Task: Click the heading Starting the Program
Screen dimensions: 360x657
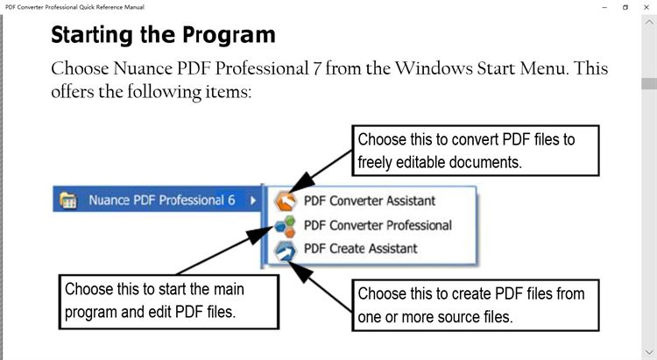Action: point(163,35)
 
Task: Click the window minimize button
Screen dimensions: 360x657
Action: point(605,6)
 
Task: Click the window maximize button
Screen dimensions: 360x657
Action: point(625,6)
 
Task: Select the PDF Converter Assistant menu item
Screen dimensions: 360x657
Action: point(369,201)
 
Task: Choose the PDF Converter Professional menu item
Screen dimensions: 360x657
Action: point(378,225)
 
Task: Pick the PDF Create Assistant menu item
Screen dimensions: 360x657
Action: point(360,249)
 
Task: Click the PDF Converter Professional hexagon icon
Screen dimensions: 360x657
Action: point(286,225)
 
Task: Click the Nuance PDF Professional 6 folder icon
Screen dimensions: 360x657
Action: point(67,201)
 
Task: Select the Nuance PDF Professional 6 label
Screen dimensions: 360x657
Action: point(161,200)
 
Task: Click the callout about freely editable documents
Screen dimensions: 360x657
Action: point(477,151)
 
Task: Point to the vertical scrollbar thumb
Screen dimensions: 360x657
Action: point(648,84)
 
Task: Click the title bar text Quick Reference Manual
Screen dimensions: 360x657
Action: point(109,6)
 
